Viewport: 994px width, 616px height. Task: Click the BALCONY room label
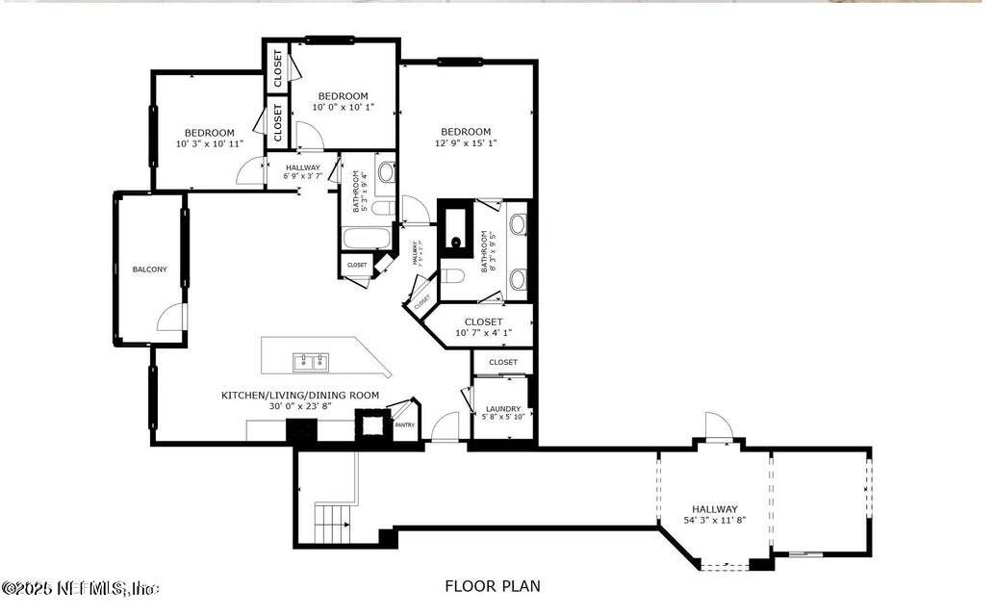click(x=149, y=269)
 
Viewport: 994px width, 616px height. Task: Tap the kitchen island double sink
click(x=310, y=363)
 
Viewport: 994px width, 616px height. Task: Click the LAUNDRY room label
click(x=503, y=408)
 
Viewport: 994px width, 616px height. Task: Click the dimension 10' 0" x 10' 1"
click(x=343, y=108)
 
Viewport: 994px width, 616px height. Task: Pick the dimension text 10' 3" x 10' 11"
click(x=210, y=144)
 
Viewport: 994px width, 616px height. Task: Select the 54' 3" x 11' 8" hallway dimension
click(x=714, y=521)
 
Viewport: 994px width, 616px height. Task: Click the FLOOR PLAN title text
click(x=492, y=585)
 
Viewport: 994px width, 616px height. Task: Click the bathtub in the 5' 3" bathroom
click(x=366, y=238)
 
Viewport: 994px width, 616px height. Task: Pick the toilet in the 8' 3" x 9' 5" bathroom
click(x=453, y=277)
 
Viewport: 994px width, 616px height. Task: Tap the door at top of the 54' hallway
click(x=718, y=425)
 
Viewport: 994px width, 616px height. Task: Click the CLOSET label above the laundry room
click(x=503, y=362)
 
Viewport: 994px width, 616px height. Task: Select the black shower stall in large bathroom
click(x=456, y=231)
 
